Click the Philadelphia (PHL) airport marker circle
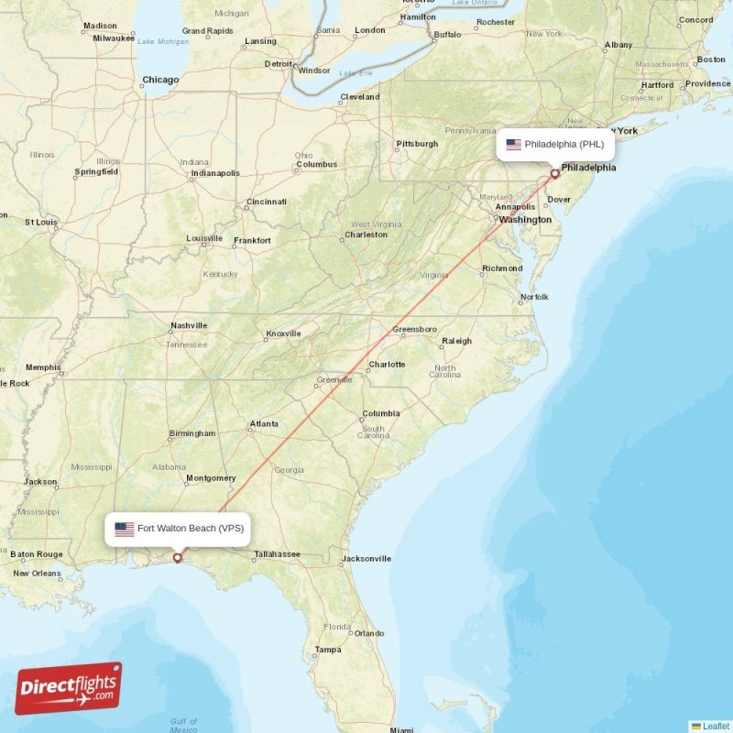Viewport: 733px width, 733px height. click(554, 173)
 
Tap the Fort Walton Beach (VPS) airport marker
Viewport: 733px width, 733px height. click(178, 557)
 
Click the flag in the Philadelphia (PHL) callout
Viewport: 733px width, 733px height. click(513, 145)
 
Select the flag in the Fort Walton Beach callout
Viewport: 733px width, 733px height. click(125, 529)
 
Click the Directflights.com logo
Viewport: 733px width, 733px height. click(69, 688)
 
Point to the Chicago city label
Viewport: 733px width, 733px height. click(160, 81)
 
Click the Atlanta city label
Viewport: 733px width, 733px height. click(265, 424)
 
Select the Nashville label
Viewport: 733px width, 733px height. click(189, 325)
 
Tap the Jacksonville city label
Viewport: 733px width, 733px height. click(366, 558)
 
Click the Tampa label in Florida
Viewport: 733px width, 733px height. click(328, 650)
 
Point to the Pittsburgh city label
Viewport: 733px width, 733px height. click(417, 144)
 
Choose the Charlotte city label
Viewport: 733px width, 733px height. click(387, 365)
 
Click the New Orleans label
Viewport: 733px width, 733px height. click(38, 574)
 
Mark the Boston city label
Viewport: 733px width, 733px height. click(711, 60)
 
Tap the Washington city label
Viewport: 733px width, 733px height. click(525, 220)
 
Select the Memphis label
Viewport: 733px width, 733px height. click(43, 367)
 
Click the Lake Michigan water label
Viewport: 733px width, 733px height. click(163, 41)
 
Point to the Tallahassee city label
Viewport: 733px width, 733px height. click(277, 554)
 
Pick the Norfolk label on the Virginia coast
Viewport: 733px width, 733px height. click(534, 297)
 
